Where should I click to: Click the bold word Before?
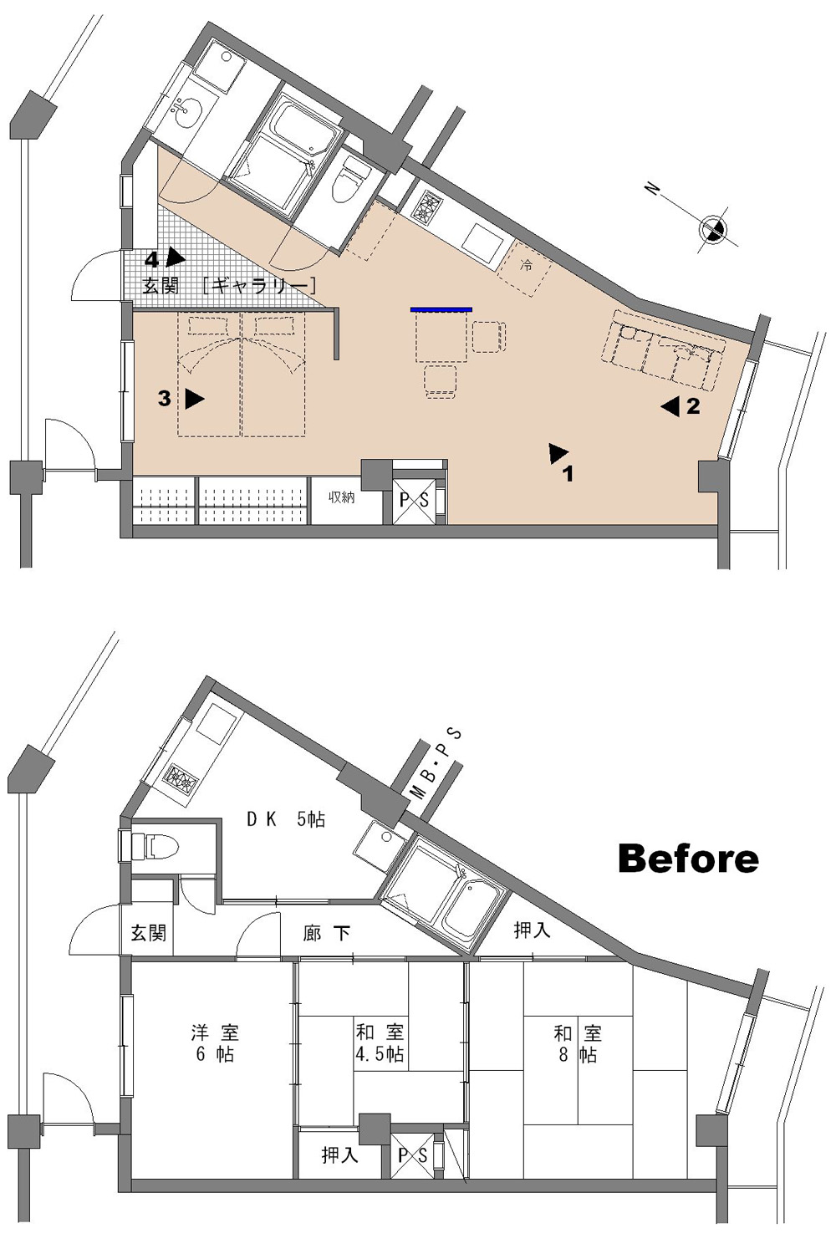point(689,859)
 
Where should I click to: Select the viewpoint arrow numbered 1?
point(558,453)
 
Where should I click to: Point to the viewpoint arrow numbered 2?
point(670,406)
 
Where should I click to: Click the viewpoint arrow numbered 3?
point(195,399)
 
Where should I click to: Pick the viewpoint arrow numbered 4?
point(176,257)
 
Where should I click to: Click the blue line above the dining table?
point(441,308)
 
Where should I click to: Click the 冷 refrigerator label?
point(526,265)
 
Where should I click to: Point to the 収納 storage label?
point(342,497)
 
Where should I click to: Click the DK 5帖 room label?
point(286,819)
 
